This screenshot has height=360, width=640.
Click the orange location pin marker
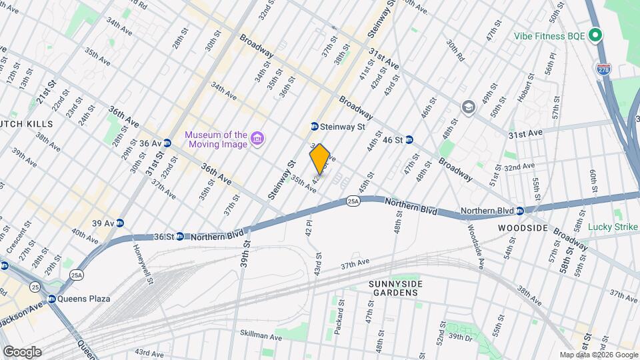[x=320, y=159]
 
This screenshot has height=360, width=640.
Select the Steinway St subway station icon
[x=314, y=127]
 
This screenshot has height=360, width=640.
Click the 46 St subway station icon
[x=410, y=140]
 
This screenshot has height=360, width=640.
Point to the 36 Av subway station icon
[x=167, y=143]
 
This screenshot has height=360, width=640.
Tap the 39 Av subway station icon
[x=119, y=223]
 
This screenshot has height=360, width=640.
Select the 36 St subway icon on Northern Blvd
[x=180, y=236]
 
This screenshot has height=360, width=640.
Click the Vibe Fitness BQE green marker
[x=596, y=35]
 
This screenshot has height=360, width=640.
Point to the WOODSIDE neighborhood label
[x=523, y=228]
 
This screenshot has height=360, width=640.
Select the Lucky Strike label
[x=613, y=227]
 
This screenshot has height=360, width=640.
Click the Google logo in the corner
[x=21, y=351]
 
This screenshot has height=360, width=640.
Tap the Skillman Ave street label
[x=261, y=332]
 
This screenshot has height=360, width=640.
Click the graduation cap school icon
[x=469, y=107]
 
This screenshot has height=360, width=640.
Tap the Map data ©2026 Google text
[x=598, y=355]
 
